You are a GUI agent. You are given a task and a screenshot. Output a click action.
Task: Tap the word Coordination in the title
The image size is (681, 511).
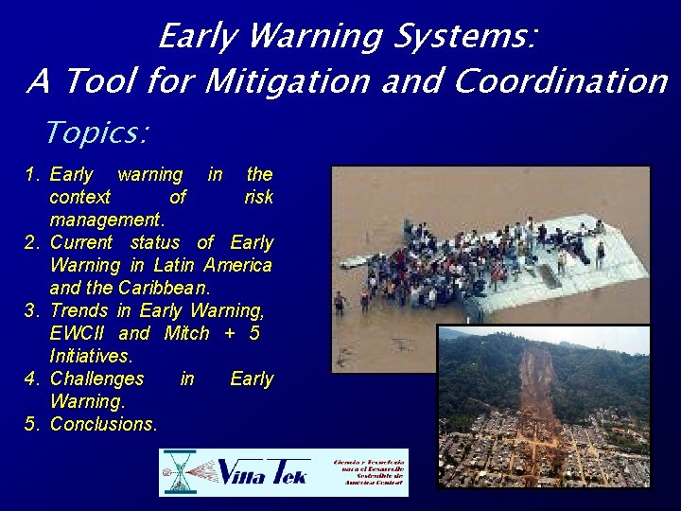(x=561, y=82)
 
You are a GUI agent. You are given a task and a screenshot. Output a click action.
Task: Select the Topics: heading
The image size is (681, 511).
(x=96, y=132)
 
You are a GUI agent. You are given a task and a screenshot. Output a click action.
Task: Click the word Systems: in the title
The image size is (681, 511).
(x=468, y=37)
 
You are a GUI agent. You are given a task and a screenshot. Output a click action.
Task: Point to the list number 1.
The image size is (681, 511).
(x=30, y=174)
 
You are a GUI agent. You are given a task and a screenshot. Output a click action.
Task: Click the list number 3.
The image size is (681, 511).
(x=30, y=310)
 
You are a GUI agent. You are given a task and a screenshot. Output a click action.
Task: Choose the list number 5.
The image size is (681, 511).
(x=30, y=424)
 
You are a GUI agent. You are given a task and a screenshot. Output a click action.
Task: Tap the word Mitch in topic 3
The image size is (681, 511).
(x=186, y=333)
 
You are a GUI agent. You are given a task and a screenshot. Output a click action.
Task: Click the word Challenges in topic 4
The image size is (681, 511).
(x=96, y=379)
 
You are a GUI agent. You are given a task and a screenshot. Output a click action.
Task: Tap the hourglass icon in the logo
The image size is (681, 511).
(x=178, y=472)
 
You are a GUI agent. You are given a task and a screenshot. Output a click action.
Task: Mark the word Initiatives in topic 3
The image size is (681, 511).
(x=91, y=356)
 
